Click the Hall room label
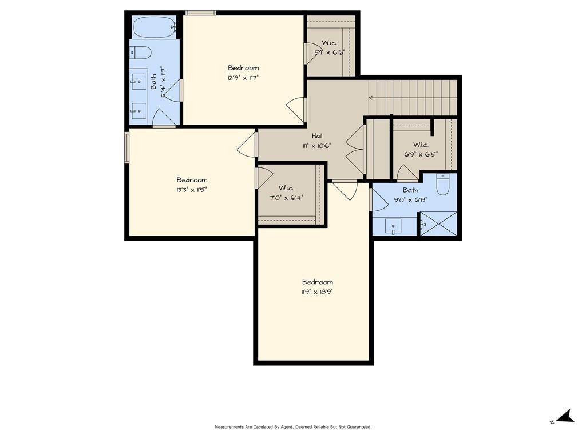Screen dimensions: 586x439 tap(317, 136)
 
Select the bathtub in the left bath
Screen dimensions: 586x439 tap(155, 27)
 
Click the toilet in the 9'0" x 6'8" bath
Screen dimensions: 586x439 tap(443, 185)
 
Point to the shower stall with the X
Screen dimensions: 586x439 tap(439, 224)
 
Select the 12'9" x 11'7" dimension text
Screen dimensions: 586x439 tap(243, 78)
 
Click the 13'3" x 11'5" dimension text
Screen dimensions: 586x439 tap(192, 190)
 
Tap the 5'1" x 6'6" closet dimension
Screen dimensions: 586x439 tap(329, 53)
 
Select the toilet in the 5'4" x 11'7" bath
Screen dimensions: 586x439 tap(141, 52)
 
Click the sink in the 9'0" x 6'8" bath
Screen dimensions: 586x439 tap(393, 226)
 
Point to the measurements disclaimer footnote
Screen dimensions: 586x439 tap(293, 426)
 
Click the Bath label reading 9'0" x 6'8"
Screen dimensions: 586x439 tap(410, 190)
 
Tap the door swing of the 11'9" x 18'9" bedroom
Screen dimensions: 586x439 tap(346, 190)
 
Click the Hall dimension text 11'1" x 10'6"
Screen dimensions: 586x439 tap(317, 146)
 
